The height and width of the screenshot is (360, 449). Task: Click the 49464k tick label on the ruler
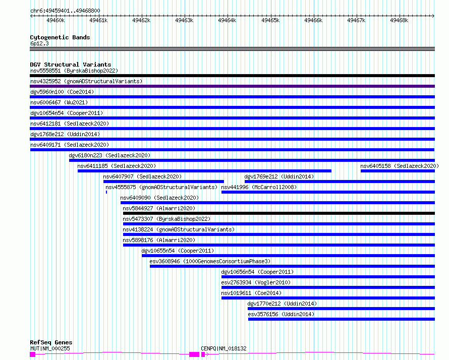coord(227,20)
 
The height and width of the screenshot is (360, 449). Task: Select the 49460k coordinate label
coord(55,20)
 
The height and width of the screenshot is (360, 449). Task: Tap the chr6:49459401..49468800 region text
coord(65,11)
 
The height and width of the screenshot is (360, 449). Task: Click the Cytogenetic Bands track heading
coord(60,37)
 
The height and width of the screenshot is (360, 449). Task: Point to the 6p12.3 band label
coord(39,43)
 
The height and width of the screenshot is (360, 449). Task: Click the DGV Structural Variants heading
coord(71,65)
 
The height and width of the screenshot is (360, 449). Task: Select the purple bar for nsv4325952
coord(232,86)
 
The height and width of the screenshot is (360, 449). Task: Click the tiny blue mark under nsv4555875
coord(106,192)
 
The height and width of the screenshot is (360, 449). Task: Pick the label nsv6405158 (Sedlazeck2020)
coord(400,166)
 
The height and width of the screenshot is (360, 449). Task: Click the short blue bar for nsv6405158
coord(398,171)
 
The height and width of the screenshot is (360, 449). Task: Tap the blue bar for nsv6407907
coord(163,182)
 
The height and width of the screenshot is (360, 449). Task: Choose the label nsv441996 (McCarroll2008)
coord(259,187)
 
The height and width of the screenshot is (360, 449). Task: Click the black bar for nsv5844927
coord(279,213)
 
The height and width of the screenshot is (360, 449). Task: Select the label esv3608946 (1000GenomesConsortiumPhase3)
coord(210,261)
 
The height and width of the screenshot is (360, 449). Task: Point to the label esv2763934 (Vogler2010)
coord(256,282)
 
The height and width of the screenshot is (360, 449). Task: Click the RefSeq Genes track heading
coord(51,342)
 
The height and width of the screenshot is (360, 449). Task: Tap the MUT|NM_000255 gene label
coord(50,348)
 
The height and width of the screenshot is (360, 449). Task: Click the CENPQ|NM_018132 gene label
coord(223,348)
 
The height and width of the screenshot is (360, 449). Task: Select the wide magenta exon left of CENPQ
coord(194,354)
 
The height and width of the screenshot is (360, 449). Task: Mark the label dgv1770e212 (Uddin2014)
coord(282,304)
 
